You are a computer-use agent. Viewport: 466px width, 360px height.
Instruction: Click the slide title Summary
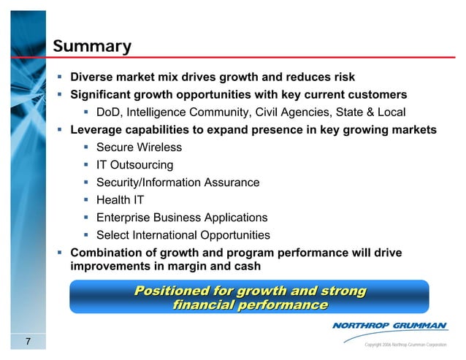point(91,47)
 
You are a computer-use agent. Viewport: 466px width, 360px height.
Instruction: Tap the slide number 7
point(27,342)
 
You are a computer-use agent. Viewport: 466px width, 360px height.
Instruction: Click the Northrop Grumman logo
point(389,325)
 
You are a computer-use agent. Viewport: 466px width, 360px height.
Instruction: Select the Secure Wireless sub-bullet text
point(139,148)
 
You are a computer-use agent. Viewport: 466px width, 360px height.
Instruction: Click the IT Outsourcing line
point(134,165)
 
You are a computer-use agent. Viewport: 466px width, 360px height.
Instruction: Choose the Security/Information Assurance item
point(177,183)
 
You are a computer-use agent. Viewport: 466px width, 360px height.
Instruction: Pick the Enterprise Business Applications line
point(181,218)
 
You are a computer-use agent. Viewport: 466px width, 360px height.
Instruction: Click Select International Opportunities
point(183,235)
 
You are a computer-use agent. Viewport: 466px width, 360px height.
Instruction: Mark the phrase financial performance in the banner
point(249,305)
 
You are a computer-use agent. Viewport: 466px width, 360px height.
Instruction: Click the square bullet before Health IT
point(86,200)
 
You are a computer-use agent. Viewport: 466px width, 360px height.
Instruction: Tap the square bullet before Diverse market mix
point(61,77)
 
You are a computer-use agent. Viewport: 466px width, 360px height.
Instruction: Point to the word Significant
point(101,94)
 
